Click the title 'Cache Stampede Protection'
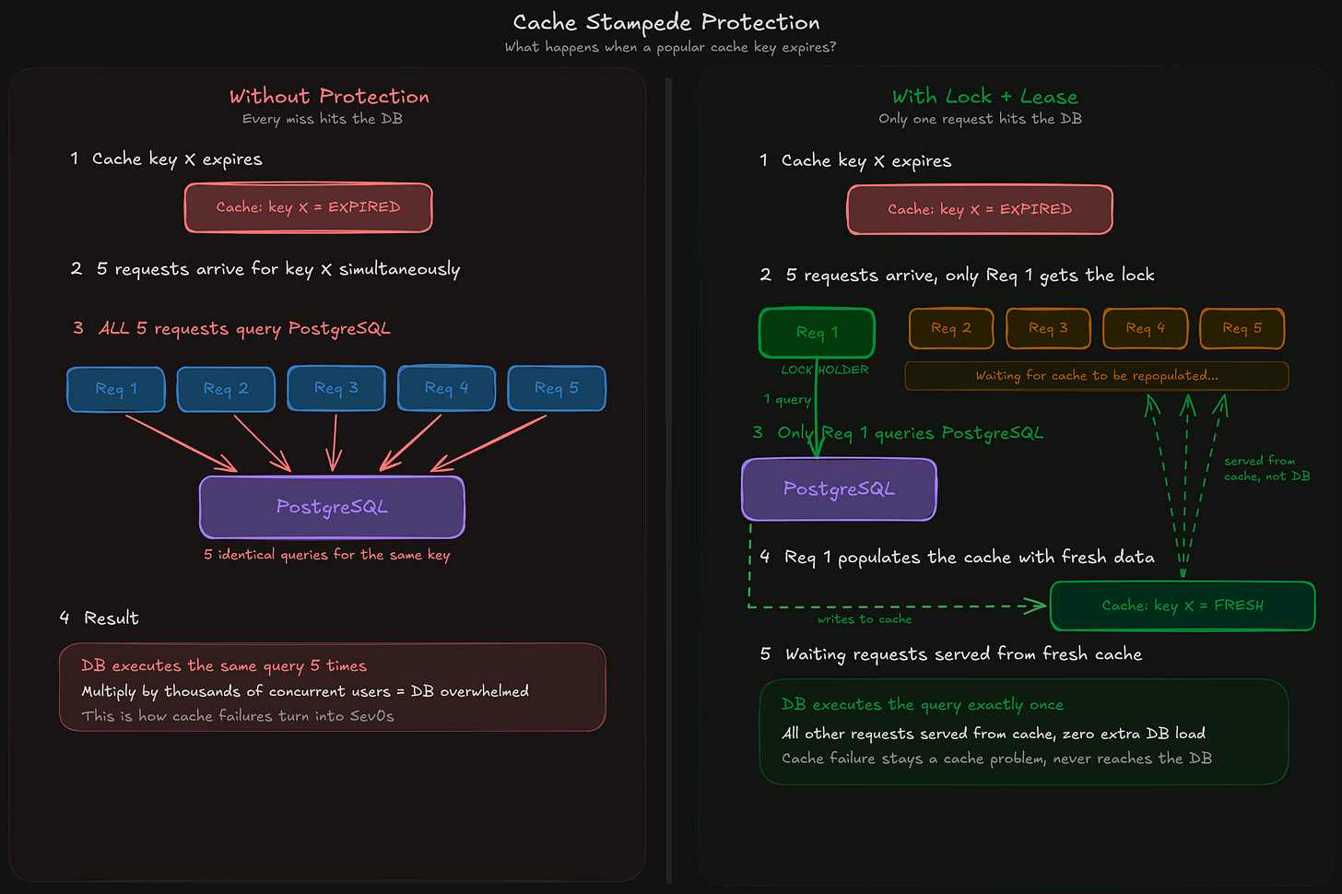(665, 22)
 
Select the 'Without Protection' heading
(329, 96)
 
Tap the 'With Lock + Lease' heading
(984, 96)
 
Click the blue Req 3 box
(335, 388)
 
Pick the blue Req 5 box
(557, 388)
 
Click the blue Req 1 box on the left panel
(116, 389)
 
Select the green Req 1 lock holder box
(817, 333)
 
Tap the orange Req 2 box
(951, 328)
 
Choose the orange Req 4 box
(1145, 328)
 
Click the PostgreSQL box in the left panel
(332, 507)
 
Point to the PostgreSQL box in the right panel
(839, 489)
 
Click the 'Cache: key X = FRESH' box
(1183, 606)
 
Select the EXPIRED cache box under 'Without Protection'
(308, 207)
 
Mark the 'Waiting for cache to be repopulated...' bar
(1096, 376)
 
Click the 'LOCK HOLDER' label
(825, 370)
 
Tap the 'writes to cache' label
(864, 619)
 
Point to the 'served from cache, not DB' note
(1265, 468)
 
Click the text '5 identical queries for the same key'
(326, 555)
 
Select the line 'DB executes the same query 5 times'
(224, 665)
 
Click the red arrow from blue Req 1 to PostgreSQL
(180, 442)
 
